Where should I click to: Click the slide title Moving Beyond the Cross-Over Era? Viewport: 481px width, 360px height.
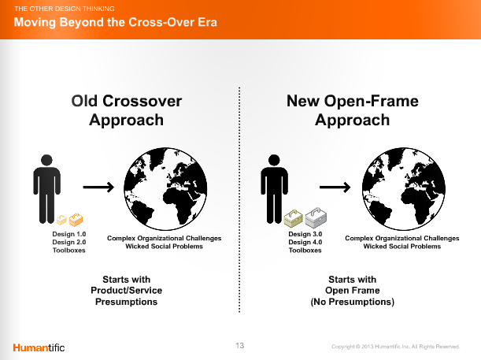tap(116, 22)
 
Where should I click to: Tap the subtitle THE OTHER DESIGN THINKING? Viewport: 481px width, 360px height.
tap(65, 9)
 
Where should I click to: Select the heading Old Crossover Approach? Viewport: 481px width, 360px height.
tap(127, 110)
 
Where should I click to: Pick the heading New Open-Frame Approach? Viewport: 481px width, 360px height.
tap(353, 110)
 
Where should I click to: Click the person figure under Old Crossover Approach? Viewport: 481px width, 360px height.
tap(46, 189)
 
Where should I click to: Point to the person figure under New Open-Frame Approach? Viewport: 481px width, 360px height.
tap(274, 189)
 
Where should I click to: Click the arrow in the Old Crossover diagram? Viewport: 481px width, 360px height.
tap(98, 187)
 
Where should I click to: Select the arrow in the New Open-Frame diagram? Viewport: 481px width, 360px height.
tap(335, 187)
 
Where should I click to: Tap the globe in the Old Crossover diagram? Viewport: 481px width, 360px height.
tap(165, 189)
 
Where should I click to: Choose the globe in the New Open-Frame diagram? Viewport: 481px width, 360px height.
tap(404, 189)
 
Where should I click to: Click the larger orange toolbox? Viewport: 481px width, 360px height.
tap(76, 220)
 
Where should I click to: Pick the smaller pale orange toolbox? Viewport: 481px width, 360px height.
tap(61, 220)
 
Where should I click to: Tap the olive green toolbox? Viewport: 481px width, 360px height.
tap(294, 218)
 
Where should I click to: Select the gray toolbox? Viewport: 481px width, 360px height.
tap(316, 218)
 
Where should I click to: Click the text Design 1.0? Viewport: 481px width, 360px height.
tap(69, 234)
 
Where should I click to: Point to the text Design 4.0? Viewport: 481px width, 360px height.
tap(305, 242)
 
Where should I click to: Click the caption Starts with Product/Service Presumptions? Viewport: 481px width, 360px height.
tap(127, 291)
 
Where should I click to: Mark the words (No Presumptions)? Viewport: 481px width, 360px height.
tap(353, 302)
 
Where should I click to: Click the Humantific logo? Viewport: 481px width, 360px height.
tap(39, 347)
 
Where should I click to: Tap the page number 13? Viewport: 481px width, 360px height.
tap(240, 346)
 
